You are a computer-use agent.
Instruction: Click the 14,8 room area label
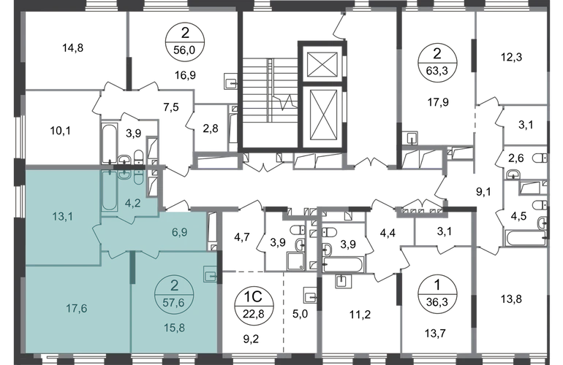[73, 47]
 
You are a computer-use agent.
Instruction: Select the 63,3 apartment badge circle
[437, 62]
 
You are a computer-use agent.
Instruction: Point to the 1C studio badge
[254, 306]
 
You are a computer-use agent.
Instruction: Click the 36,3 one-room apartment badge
[437, 294]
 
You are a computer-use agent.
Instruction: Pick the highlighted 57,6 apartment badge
[174, 295]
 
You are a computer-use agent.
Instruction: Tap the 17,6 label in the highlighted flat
[77, 308]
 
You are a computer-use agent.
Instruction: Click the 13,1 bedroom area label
[63, 217]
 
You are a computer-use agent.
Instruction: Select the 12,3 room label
[512, 57]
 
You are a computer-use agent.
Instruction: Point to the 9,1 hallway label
[483, 192]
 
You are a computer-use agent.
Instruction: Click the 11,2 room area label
[360, 315]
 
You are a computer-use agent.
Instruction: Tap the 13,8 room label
[511, 299]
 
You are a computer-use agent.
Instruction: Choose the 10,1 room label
[60, 131]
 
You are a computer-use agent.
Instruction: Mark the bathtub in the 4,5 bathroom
[525, 239]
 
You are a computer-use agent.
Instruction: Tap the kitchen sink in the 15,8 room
[210, 274]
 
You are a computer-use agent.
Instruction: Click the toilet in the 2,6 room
[540, 158]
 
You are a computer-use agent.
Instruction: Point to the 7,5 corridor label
[171, 107]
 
